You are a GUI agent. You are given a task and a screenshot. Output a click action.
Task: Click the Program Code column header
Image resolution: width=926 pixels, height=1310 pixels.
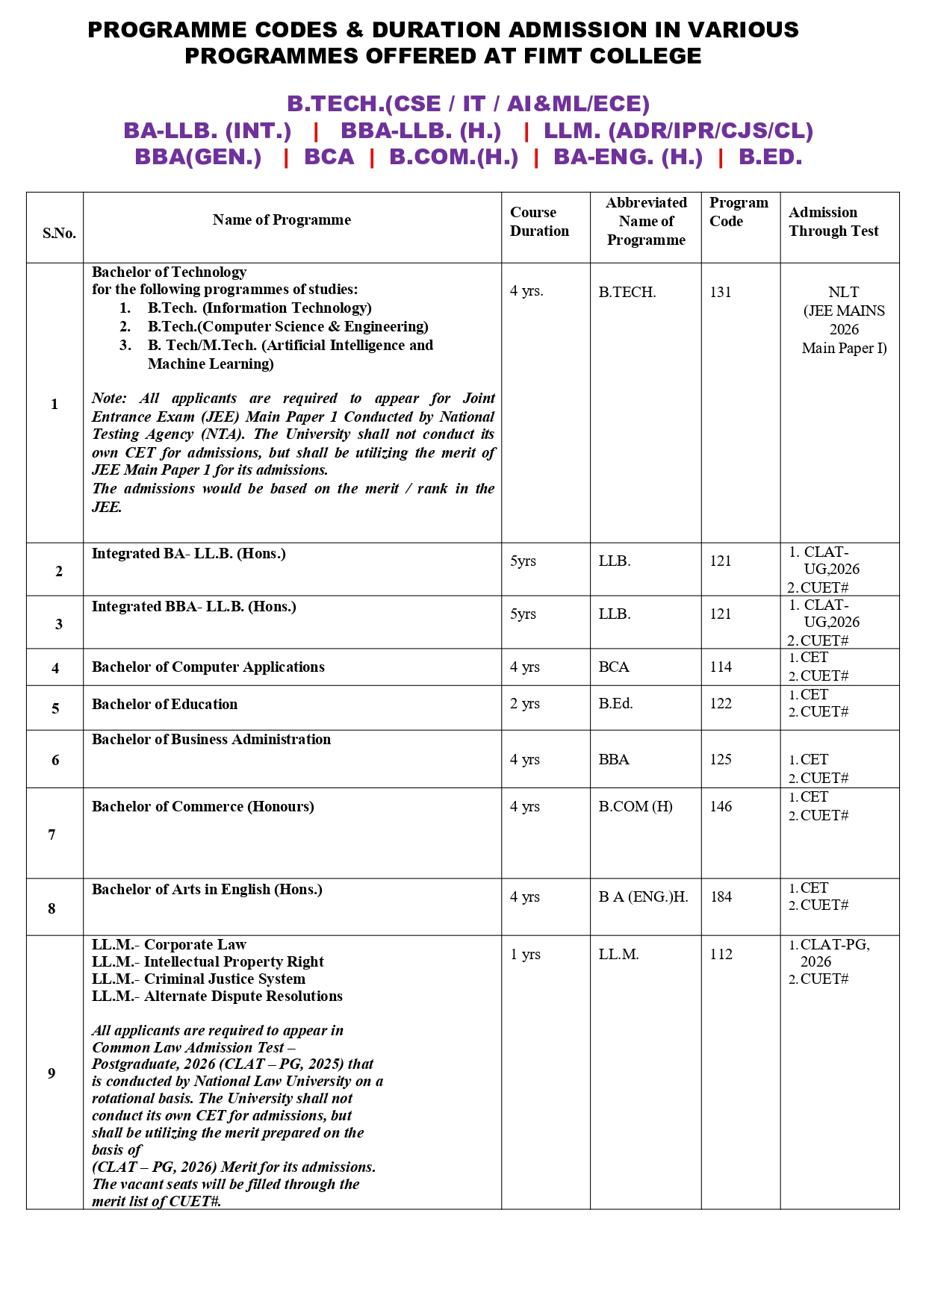tap(738, 212)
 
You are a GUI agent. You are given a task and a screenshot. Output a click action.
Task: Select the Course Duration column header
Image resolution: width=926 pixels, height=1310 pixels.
tap(538, 222)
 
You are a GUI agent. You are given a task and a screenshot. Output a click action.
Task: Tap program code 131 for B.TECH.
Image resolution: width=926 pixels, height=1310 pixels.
tap(721, 292)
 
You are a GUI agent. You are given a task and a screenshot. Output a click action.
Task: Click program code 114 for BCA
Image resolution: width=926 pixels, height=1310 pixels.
tap(721, 667)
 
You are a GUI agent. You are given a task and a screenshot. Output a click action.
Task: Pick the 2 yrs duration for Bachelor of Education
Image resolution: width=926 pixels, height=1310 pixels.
tap(524, 703)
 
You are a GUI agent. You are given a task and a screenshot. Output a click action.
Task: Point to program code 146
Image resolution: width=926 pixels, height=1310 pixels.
tap(721, 806)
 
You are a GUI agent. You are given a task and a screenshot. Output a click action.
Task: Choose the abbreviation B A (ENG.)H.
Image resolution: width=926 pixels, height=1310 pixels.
tap(643, 896)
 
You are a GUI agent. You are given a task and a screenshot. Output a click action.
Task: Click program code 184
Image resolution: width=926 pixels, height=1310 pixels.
tap(721, 896)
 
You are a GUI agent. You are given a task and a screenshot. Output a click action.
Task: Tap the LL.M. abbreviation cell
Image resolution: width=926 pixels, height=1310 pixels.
tap(618, 954)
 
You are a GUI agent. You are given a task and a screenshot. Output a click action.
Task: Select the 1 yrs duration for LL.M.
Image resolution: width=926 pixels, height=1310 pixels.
tap(525, 954)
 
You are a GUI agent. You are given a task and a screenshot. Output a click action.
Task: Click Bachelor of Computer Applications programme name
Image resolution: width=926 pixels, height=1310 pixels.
tap(208, 667)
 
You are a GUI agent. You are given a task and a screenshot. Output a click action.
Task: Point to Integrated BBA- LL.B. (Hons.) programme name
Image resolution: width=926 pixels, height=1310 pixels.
tap(193, 606)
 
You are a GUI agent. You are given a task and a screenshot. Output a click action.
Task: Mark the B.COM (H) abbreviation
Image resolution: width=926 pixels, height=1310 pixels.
tap(635, 806)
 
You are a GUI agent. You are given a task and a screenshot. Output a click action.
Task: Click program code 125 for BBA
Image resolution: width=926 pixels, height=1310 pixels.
tap(721, 759)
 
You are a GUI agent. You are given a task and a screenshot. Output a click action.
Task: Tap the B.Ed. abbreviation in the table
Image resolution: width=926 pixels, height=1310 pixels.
tap(615, 703)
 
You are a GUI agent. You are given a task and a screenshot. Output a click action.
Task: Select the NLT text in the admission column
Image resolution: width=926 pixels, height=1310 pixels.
tap(843, 292)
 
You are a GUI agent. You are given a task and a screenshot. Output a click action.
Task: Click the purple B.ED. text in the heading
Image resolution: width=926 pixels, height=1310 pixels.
tap(770, 157)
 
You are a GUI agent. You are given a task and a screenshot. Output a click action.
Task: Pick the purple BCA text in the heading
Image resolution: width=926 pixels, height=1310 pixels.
tap(329, 157)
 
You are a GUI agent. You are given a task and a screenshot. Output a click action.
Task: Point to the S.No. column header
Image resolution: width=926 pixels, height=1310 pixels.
tap(59, 233)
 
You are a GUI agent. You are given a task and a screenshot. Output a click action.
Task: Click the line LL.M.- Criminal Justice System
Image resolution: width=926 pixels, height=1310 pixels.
tap(198, 979)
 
